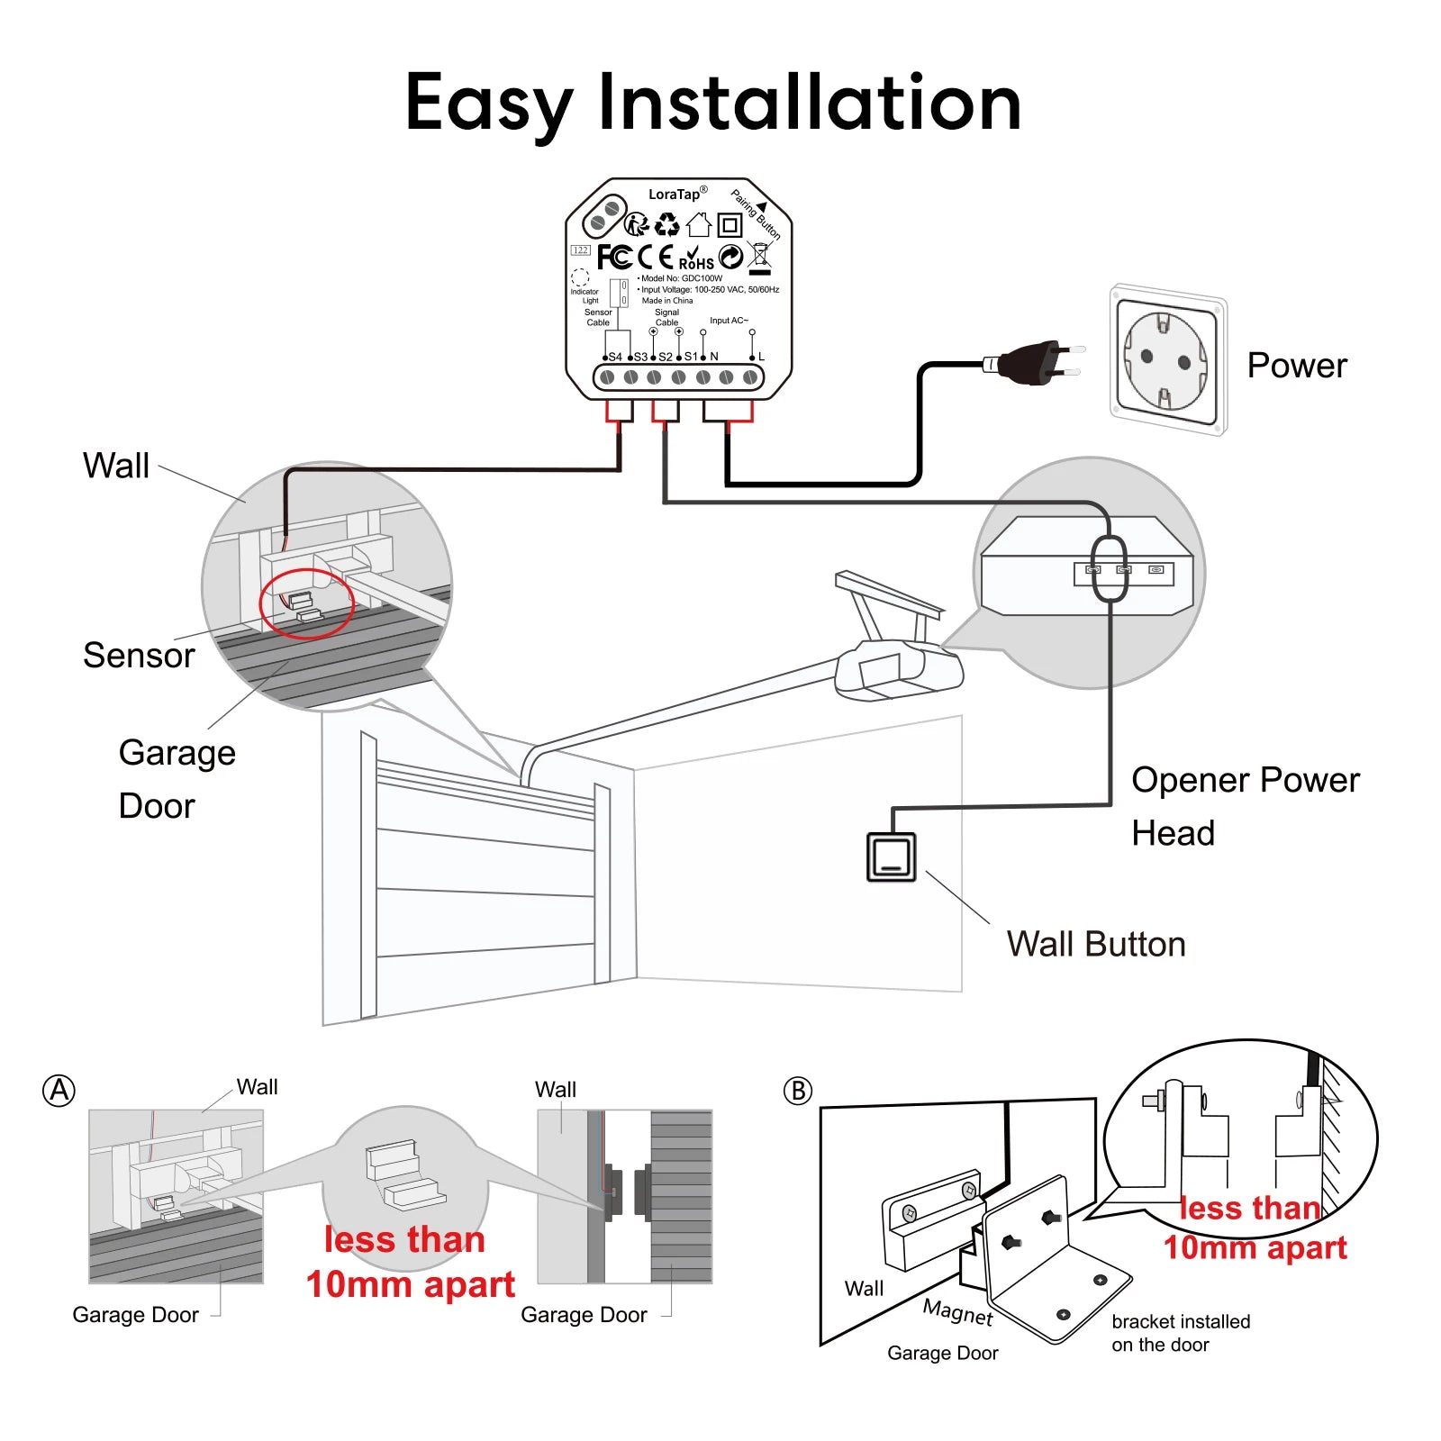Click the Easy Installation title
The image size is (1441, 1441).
(713, 104)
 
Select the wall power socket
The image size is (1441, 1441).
(1167, 360)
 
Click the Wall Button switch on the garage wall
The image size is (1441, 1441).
(891, 856)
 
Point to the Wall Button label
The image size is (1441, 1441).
(1095, 944)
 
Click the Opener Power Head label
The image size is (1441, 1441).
(1244, 805)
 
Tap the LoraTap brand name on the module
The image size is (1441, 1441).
(675, 195)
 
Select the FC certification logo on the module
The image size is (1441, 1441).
(614, 258)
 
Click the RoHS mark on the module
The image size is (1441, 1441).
(696, 259)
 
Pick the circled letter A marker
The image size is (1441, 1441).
(59, 1091)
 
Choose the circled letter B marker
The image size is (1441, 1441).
(797, 1091)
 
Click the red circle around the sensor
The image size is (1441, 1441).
(306, 603)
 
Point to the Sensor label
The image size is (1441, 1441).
(139, 656)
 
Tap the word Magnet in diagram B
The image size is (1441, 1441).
(957, 1312)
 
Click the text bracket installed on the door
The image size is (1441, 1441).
(1180, 1333)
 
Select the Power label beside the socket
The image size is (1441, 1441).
(1296, 366)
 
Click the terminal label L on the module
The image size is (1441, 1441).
(761, 357)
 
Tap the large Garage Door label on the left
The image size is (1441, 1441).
(177, 778)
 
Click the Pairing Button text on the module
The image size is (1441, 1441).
(755, 214)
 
